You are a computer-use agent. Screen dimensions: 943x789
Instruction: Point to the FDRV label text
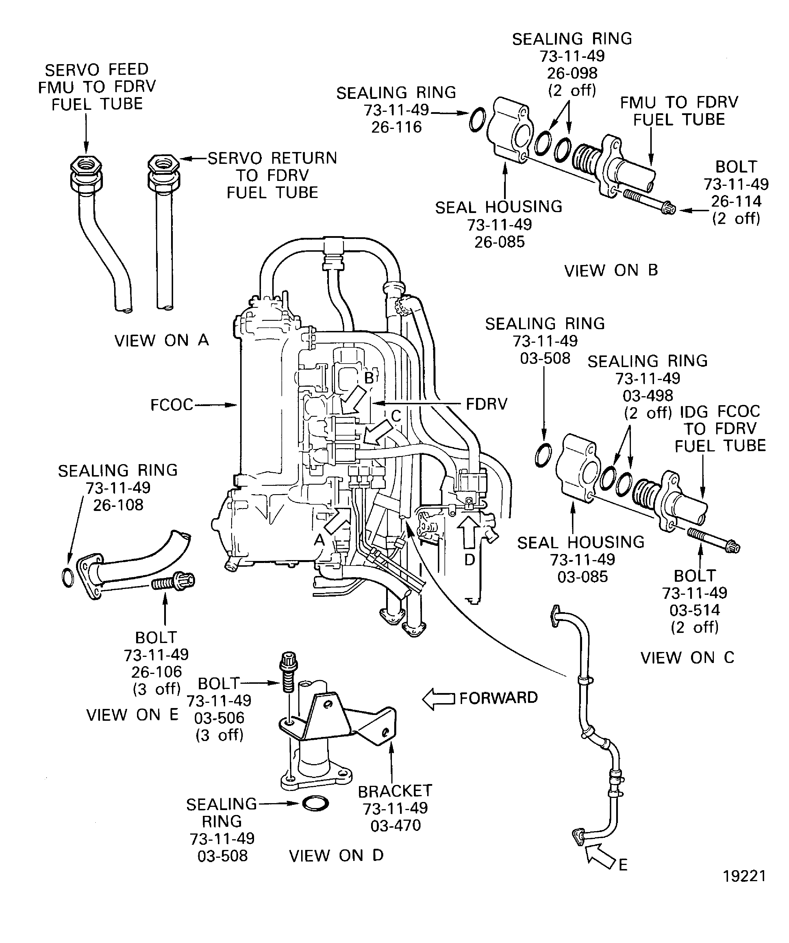(x=486, y=404)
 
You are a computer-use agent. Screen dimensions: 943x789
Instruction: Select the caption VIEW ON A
(x=162, y=340)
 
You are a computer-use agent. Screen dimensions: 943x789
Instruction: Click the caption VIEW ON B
(x=611, y=270)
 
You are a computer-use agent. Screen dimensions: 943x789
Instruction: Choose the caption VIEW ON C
(x=687, y=658)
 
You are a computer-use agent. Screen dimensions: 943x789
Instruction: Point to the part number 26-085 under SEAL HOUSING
(x=499, y=242)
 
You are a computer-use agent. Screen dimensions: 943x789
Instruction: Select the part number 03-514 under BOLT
(x=695, y=610)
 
